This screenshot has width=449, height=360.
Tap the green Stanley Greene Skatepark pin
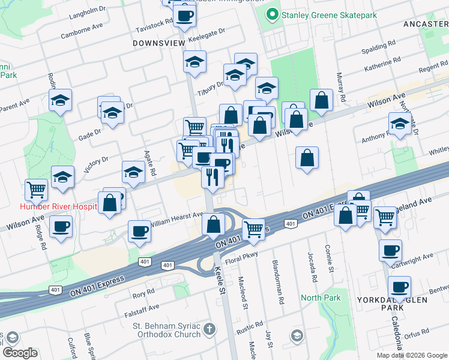(x=271, y=13)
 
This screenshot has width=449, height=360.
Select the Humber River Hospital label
(x=58, y=206)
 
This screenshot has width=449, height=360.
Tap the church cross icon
(x=208, y=329)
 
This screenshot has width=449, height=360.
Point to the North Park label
(x=321, y=298)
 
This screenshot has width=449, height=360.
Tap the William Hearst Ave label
(x=177, y=218)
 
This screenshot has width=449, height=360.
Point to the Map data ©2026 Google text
(x=412, y=355)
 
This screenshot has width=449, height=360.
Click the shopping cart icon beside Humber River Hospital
(x=36, y=190)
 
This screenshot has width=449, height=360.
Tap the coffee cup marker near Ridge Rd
(x=61, y=228)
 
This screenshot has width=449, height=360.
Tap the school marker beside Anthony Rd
(x=400, y=124)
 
